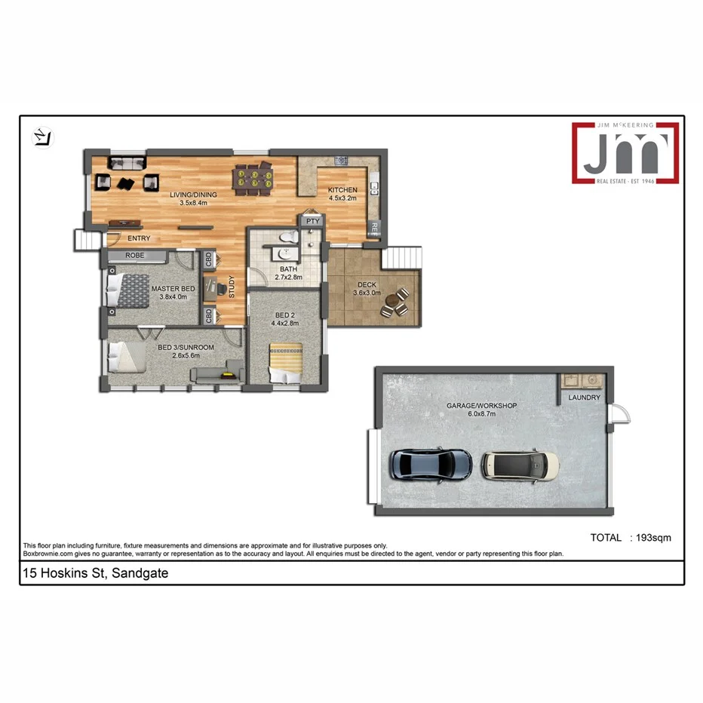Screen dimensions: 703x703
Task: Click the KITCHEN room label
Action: (342, 190)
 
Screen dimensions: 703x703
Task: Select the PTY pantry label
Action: (312, 222)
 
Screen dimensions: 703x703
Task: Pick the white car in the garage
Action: (520, 465)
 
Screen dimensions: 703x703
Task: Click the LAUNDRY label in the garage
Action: (584, 398)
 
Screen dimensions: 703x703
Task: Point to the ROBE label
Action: (136, 256)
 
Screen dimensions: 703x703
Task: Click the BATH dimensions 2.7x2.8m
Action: (287, 278)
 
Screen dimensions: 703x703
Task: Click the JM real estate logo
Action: (624, 154)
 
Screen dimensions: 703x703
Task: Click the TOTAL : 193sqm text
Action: (630, 538)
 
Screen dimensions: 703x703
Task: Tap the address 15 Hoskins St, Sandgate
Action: (96, 573)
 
